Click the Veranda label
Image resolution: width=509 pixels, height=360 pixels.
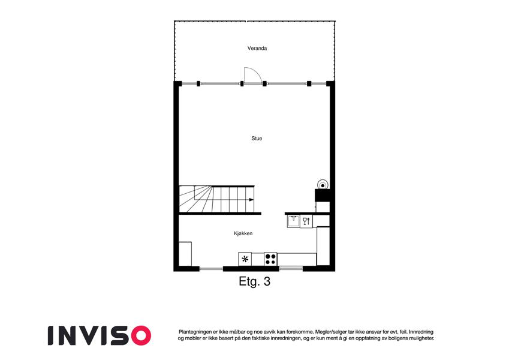(257, 49)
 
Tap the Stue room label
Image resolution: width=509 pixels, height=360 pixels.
(257, 139)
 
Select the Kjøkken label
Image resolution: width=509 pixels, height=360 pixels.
(243, 233)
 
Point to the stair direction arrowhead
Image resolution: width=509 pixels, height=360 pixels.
(251, 199)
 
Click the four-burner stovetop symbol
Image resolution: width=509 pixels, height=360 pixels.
(270, 259)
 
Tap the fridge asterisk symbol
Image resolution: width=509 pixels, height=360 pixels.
(245, 259)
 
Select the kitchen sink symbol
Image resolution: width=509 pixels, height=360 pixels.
(293, 221)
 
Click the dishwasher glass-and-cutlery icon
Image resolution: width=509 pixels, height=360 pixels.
(306, 221)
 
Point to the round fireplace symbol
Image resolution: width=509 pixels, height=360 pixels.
(323, 185)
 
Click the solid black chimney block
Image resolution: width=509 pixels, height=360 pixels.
(323, 195)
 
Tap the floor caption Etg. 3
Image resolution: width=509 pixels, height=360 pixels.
(254, 281)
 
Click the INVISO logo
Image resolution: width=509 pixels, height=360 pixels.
(100, 335)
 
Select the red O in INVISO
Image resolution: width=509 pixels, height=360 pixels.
(140, 335)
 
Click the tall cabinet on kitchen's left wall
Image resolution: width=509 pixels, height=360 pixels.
(185, 254)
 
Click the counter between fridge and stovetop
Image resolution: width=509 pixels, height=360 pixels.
(258, 259)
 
